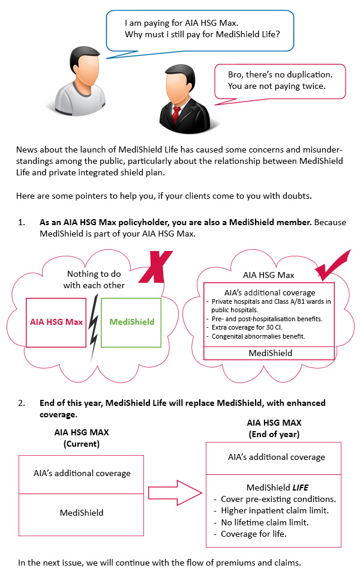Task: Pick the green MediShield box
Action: [x=131, y=322]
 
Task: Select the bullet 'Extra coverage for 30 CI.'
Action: [x=243, y=328]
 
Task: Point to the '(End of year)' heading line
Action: [x=274, y=433]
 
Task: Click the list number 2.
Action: [x=22, y=403]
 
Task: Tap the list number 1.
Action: [x=22, y=222]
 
